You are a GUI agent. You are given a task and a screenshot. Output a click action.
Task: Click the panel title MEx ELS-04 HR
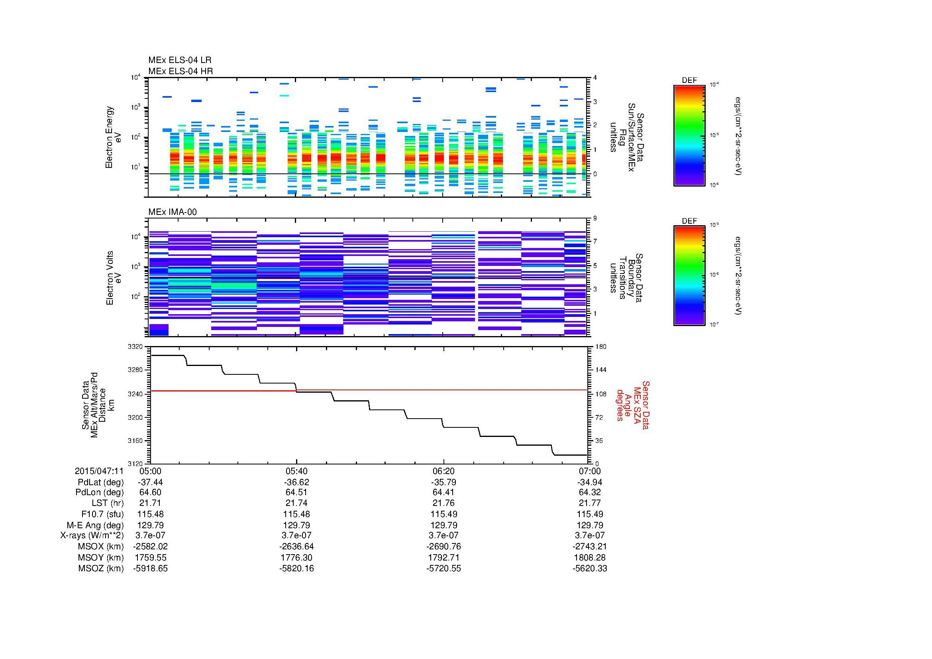click(181, 71)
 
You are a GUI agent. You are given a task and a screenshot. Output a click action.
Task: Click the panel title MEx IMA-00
click(173, 212)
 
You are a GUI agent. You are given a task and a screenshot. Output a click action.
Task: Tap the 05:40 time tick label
click(297, 471)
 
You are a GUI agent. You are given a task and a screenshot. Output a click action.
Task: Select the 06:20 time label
click(443, 471)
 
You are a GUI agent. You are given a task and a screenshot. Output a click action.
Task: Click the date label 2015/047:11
click(99, 471)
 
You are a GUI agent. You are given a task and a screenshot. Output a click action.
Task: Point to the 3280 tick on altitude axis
click(135, 370)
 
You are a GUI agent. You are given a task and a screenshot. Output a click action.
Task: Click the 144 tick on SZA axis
click(600, 370)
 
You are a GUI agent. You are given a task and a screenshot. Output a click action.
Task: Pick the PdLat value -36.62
click(297, 482)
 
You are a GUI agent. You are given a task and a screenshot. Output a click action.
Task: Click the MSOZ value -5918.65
click(150, 569)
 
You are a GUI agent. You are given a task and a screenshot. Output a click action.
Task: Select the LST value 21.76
click(443, 503)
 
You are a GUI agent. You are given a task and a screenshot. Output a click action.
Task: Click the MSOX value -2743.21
click(590, 547)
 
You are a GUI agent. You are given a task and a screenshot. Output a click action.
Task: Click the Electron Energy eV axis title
click(114, 137)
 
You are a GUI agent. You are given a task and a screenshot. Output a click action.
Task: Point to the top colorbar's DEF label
click(689, 81)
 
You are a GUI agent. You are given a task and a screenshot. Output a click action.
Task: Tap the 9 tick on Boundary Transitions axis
click(595, 218)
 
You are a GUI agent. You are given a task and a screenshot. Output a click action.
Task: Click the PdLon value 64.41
click(443, 492)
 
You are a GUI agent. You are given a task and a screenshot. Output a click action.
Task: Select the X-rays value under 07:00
click(590, 535)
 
